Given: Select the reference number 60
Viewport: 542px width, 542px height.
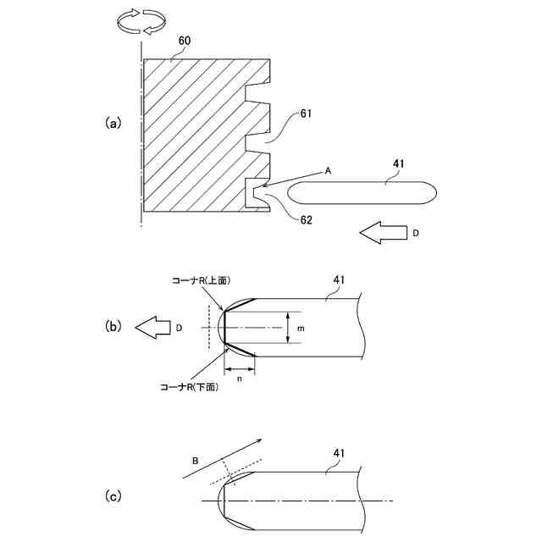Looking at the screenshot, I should [x=185, y=41].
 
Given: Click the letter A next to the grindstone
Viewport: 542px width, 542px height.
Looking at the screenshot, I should [x=329, y=170].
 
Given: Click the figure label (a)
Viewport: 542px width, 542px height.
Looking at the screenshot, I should [x=113, y=122].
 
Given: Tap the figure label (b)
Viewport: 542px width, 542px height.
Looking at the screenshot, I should [x=113, y=325].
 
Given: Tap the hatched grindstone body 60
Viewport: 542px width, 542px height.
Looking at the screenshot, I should [x=191, y=135].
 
